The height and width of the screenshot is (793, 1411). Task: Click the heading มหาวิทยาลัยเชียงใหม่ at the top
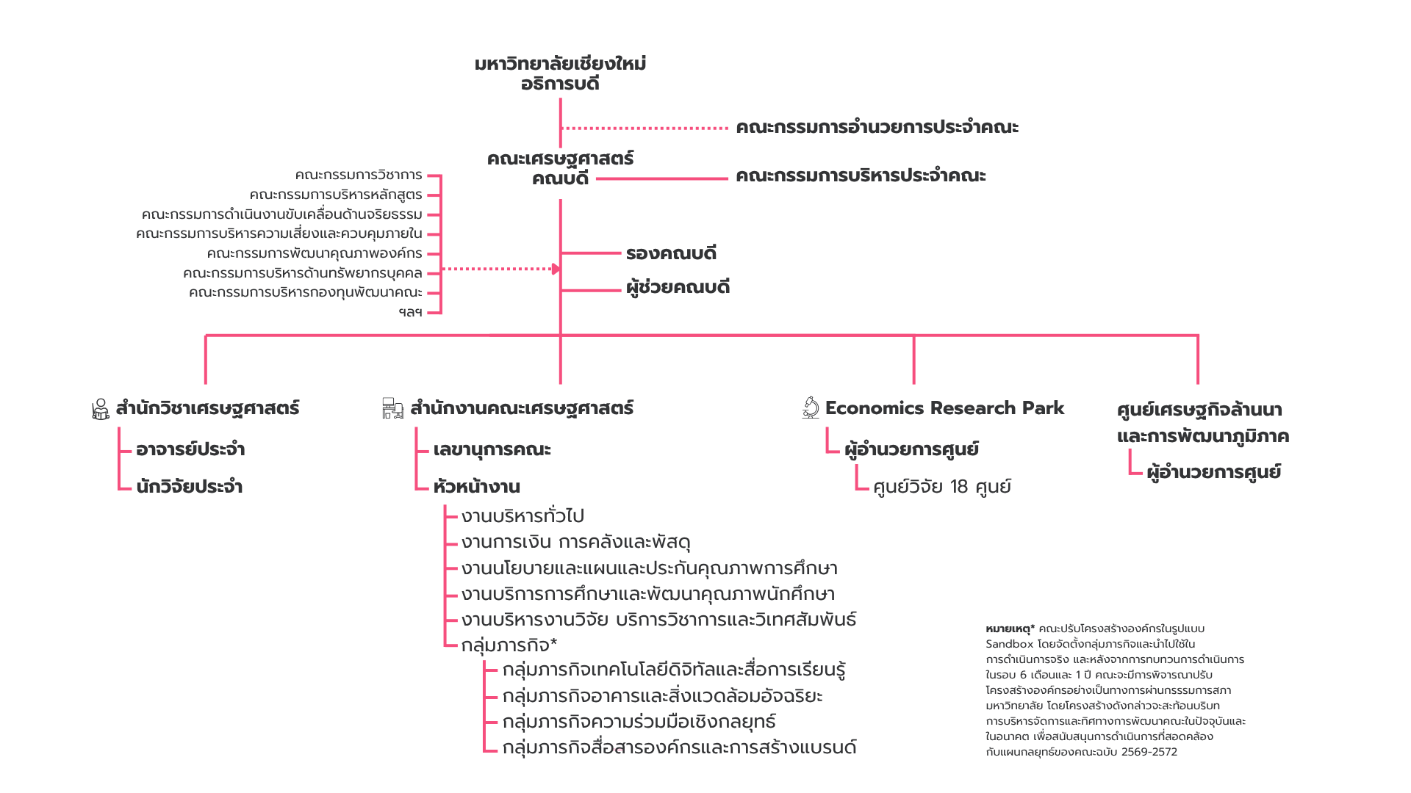[560, 64]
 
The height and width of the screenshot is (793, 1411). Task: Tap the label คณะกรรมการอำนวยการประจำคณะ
[877, 127]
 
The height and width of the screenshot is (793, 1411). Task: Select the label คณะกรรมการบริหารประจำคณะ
[861, 175]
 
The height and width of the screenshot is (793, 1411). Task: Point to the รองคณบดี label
[671, 253]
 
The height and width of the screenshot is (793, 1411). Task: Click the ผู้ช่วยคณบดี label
[678, 287]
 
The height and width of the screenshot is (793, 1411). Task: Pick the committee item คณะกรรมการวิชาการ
[359, 175]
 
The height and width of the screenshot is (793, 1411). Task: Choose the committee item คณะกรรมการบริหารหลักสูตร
[336, 195]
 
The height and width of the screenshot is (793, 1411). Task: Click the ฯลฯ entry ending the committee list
[410, 312]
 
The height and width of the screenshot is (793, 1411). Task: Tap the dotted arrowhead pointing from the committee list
[556, 269]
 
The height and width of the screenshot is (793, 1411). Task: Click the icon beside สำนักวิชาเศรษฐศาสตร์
[101, 409]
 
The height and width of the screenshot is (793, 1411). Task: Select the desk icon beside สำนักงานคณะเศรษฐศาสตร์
[393, 408]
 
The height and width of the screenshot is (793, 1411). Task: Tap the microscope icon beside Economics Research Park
[811, 408]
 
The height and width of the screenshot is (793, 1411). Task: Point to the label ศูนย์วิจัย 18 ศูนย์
[941, 487]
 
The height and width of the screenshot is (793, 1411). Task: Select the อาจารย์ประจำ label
[190, 449]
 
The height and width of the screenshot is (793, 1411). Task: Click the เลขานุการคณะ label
[492, 449]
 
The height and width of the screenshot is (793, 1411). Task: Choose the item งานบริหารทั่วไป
[523, 516]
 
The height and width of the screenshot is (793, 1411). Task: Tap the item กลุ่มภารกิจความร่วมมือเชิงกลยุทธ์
[639, 722]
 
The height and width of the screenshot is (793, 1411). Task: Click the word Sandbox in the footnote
[1009, 644]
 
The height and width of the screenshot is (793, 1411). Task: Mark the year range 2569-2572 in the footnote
[1149, 752]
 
